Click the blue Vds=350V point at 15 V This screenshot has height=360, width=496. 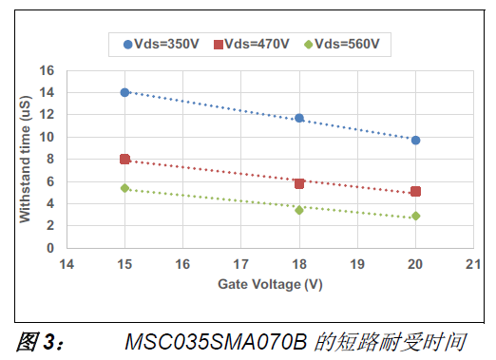coord(124,92)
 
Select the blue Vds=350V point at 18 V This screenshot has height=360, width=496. coord(299,118)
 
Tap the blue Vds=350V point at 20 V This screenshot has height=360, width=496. coord(415,140)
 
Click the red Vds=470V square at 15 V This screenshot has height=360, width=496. coord(124,159)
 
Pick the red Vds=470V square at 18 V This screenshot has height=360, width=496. coord(299,183)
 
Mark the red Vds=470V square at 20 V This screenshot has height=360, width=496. coord(415,191)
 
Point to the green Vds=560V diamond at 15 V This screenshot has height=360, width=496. coord(124,188)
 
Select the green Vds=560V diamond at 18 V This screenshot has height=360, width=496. coord(299,210)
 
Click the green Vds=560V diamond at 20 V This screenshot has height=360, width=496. coord(415,216)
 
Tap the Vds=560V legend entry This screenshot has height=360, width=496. coord(343,44)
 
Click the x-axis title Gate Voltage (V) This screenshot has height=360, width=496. coord(269,284)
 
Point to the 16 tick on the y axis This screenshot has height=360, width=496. coord(47,70)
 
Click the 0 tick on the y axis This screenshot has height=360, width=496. coord(50,248)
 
